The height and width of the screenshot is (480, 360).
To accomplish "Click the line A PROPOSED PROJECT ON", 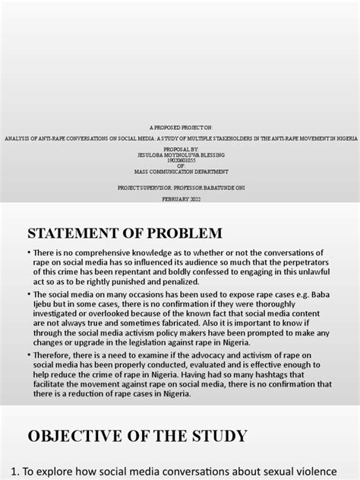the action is (180, 130).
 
